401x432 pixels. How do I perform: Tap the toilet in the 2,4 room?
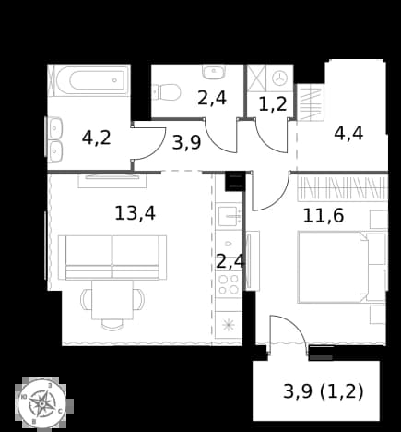[x=166, y=91]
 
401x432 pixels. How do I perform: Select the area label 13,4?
[x=135, y=213]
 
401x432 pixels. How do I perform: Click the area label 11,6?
[x=324, y=215]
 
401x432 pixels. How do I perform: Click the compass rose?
[x=42, y=402]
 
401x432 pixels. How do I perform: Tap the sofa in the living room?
[x=112, y=258]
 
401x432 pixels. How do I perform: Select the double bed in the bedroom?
[x=333, y=267]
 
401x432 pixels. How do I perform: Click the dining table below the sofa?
[x=112, y=300]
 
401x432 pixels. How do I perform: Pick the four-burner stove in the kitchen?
[x=229, y=284]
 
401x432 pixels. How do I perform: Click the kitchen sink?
[x=229, y=216]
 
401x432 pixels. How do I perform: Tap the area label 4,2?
[x=96, y=138]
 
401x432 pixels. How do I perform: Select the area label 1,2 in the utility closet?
[x=273, y=104]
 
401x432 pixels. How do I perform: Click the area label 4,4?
[x=348, y=134]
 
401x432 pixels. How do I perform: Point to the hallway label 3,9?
[x=186, y=142]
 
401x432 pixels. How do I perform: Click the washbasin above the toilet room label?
[x=214, y=72]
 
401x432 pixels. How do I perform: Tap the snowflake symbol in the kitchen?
[x=229, y=325]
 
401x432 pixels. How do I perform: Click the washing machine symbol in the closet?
[x=280, y=78]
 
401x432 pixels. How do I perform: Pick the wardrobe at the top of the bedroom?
[x=342, y=188]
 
